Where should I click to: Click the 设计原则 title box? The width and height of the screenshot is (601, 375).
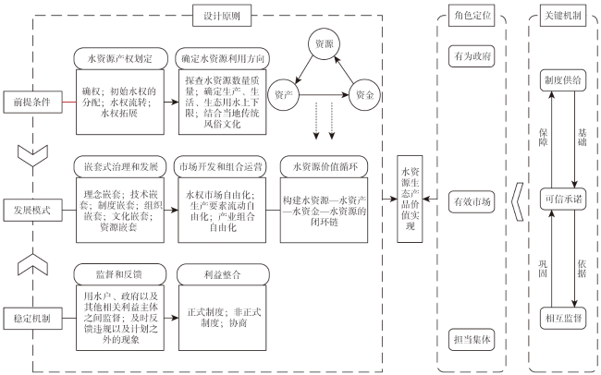tap(222, 16)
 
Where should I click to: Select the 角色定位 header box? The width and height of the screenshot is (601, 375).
tap(472, 16)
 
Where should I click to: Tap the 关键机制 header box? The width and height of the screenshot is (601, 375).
tap(563, 16)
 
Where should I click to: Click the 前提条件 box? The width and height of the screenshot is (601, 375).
tap(33, 103)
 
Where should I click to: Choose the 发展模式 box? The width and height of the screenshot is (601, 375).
tap(33, 211)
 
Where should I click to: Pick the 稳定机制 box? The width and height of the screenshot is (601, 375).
tap(33, 319)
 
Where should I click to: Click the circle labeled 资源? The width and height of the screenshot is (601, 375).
tap(325, 44)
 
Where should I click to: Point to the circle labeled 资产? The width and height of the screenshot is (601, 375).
tap(284, 94)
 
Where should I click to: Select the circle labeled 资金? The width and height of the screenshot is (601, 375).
tap(364, 94)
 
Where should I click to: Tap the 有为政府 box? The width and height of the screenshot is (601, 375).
tap(472, 56)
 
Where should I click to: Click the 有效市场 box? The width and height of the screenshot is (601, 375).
tap(472, 201)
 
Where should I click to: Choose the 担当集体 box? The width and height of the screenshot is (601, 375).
tap(472, 339)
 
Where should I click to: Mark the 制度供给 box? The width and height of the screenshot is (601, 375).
tap(563, 80)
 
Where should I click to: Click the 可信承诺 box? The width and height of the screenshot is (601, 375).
tap(563, 199)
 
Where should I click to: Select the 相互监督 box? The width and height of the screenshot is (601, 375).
tap(563, 318)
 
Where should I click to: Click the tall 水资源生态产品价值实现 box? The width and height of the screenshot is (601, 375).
tap(410, 199)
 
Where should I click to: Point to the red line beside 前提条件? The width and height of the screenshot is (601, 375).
tap(69, 103)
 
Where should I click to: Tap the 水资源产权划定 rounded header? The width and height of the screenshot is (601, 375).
tap(120, 58)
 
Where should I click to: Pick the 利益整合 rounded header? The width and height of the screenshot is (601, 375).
tap(223, 274)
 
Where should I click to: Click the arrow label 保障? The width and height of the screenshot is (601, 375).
tap(543, 138)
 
